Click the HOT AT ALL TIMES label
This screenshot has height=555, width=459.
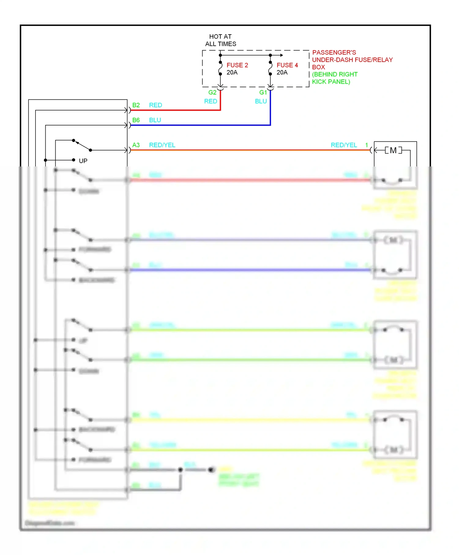pos(220,40)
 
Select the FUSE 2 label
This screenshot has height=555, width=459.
pos(237,65)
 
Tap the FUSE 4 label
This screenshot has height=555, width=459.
pos(287,65)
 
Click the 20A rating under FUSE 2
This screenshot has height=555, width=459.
pos(232,73)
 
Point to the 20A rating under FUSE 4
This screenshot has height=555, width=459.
pos(282,73)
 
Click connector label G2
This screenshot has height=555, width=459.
pos(212,92)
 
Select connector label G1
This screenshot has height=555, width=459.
pos(263,92)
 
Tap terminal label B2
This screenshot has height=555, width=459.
pos(136,105)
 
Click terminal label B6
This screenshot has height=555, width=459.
pos(136,120)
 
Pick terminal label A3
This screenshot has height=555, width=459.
pos(136,145)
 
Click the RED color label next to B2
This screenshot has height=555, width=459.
pos(155,105)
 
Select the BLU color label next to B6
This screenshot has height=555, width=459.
pos(155,120)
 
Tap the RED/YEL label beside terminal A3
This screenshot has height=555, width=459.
pos(162,145)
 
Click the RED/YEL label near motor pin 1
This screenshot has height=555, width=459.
pos(344,145)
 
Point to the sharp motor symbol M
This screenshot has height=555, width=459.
pos(393,150)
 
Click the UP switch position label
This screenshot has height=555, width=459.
pos(83,161)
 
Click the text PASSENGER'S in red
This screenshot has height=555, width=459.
pos(334,53)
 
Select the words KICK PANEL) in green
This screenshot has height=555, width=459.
pos(331,82)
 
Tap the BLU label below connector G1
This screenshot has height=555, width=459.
pos(261,101)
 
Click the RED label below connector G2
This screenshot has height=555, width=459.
pos(211,101)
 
